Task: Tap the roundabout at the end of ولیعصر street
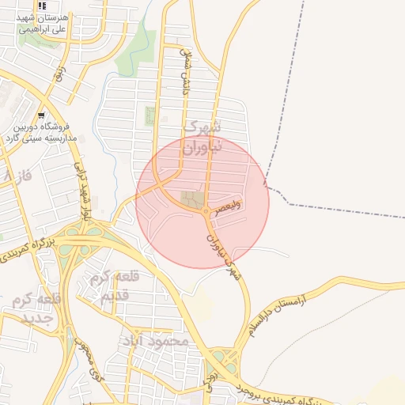(207, 212)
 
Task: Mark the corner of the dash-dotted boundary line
(268, 187)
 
